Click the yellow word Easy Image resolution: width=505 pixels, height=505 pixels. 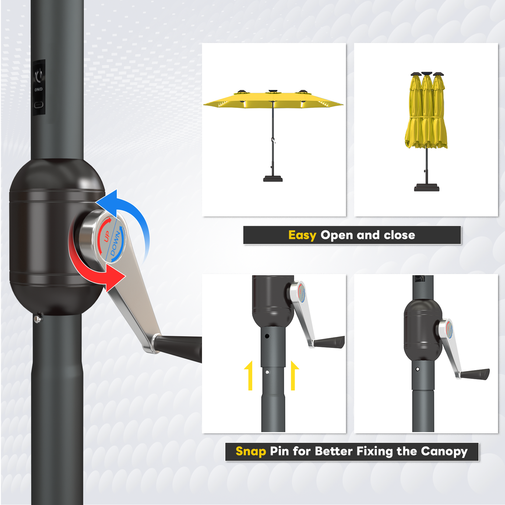302,236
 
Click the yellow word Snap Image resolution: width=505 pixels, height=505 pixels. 251,451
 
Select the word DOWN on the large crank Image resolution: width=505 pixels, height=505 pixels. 115,244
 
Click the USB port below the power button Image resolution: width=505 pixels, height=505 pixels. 39,104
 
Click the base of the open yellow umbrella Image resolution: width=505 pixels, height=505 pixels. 273,179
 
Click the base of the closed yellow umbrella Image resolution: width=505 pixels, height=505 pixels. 426,188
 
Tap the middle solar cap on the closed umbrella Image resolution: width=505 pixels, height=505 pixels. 427,74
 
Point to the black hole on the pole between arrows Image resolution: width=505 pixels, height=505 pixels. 267,336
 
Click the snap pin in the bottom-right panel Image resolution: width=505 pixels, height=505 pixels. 418,369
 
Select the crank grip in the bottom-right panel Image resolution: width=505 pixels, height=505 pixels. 475,374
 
